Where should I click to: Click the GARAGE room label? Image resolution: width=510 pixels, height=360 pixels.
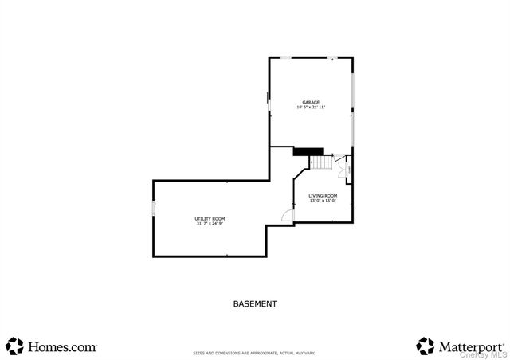311,102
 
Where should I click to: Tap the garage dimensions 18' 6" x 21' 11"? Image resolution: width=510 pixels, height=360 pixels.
311,108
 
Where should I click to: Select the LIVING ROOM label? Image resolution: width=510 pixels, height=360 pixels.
323,195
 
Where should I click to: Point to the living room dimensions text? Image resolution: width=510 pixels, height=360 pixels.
323,201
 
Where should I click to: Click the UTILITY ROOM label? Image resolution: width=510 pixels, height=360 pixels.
210,218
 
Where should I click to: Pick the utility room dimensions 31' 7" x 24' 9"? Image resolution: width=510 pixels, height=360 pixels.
210,224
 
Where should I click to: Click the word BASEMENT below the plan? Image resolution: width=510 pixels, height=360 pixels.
255,303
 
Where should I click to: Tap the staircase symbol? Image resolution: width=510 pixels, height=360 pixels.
320,163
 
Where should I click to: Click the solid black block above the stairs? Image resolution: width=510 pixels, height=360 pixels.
308,151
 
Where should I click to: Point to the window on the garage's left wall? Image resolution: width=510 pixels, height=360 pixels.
269,101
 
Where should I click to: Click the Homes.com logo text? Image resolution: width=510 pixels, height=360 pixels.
62,346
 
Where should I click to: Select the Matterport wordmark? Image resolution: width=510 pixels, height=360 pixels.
471,346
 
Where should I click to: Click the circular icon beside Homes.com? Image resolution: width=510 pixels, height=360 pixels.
15,346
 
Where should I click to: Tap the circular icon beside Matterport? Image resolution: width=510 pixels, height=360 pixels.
425,346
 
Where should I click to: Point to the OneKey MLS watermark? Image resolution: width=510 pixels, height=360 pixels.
488,355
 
